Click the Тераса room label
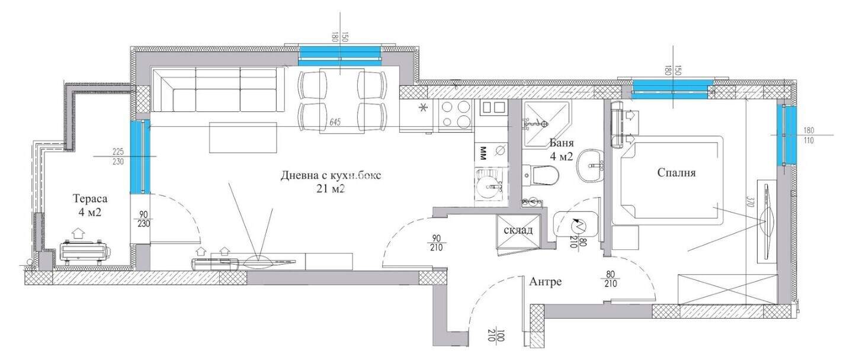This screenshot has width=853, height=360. [90, 198]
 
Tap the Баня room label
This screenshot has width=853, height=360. [562, 143]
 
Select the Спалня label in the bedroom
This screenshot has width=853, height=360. [676, 173]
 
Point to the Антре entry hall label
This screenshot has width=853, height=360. [546, 282]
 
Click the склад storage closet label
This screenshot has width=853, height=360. [518, 230]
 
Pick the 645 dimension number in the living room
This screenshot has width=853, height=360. [335, 122]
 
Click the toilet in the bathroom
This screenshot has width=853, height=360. [540, 176]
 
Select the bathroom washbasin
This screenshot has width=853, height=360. [590, 166]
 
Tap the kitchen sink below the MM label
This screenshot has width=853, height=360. [489, 185]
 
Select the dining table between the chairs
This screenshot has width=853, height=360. [342, 101]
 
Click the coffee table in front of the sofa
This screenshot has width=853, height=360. [243, 137]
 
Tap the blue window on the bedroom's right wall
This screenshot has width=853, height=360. [788, 135]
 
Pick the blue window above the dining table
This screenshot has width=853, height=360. [339, 56]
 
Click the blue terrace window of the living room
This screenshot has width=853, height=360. [140, 157]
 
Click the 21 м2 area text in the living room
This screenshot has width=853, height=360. [331, 188]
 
